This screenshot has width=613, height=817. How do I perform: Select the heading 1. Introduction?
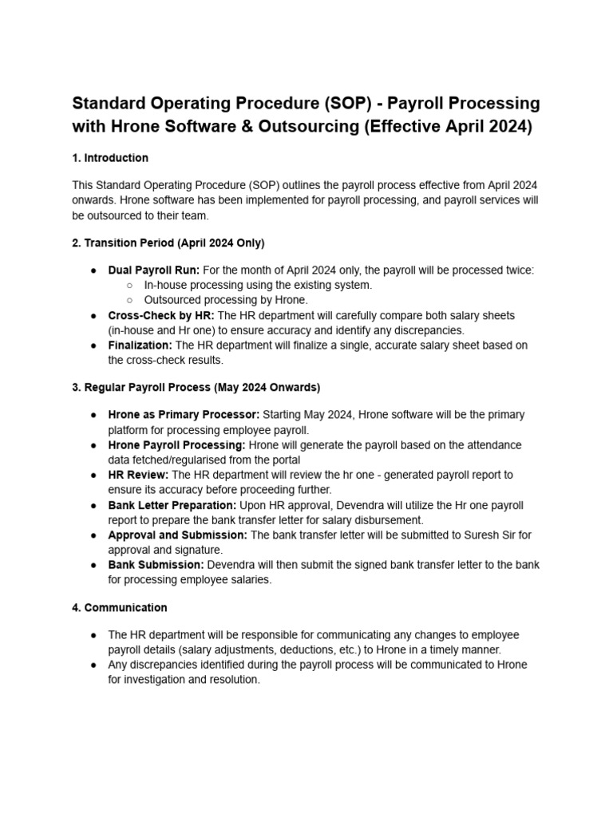[x=110, y=158]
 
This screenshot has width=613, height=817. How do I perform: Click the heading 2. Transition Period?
[x=168, y=243]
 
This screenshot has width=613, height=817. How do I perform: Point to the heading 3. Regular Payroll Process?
[x=196, y=388]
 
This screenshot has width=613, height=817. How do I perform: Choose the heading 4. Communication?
[x=120, y=608]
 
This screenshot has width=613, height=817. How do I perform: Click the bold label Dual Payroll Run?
[x=154, y=270]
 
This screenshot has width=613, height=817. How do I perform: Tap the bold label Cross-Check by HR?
[x=161, y=316]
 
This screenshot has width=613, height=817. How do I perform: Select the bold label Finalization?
[x=140, y=345]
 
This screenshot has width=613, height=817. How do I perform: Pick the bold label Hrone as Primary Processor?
[x=184, y=415]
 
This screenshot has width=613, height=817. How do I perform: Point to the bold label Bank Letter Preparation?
[x=172, y=505]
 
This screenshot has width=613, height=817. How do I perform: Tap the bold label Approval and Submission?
[x=177, y=535]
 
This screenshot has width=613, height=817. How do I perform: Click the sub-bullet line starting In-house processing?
[x=258, y=285]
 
